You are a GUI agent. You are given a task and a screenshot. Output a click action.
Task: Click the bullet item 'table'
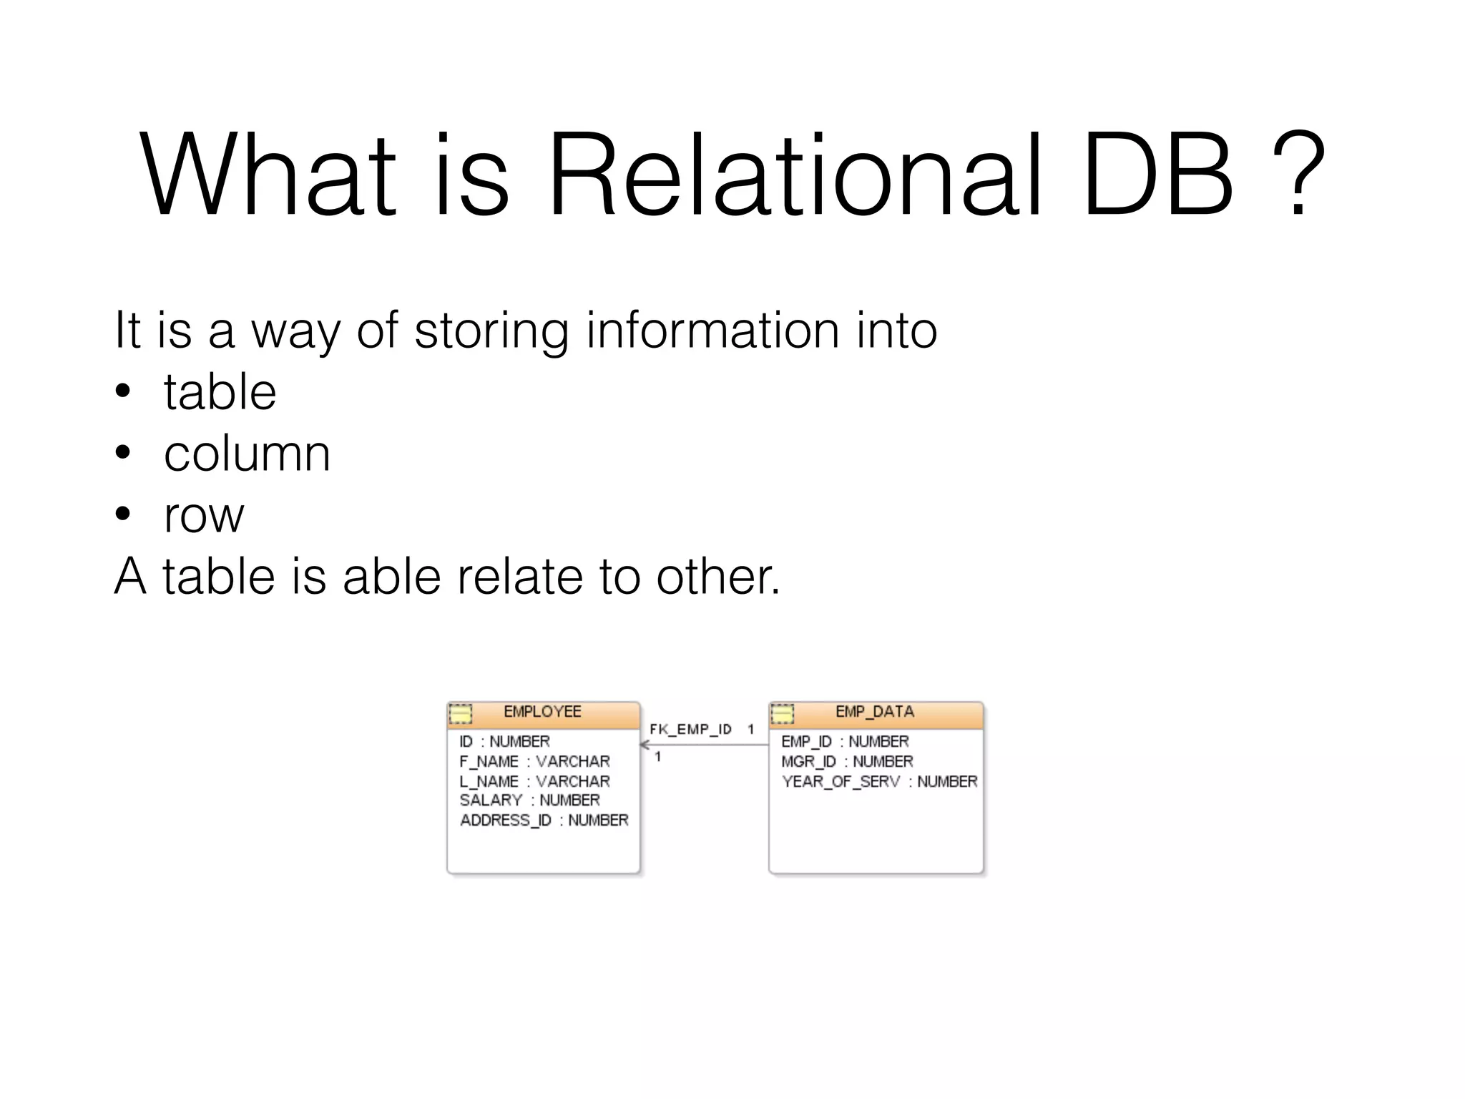220,392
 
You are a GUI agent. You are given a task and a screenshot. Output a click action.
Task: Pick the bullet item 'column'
247,454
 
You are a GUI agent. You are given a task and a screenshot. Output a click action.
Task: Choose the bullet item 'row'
204,515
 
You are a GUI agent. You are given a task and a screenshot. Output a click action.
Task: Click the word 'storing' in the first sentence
491,331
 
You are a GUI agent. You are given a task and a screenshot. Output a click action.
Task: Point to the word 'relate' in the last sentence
520,577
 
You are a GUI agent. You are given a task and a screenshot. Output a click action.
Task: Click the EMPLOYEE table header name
542,712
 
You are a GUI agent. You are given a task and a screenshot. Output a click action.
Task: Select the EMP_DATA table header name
874,712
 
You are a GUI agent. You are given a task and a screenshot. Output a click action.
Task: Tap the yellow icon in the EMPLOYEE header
461,714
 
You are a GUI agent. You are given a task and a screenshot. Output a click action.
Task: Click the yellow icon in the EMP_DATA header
782,714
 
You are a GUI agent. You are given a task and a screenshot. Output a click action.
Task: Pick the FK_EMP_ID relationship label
690,730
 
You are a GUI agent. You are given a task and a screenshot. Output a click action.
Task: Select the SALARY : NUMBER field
529,801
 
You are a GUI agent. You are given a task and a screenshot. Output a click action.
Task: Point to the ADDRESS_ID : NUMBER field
544,821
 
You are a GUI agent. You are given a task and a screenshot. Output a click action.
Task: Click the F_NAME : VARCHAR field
534,762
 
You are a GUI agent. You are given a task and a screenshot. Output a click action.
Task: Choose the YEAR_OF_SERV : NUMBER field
879,782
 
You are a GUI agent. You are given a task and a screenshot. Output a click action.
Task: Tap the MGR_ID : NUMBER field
847,762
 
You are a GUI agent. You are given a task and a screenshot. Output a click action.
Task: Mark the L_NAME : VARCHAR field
534,782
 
